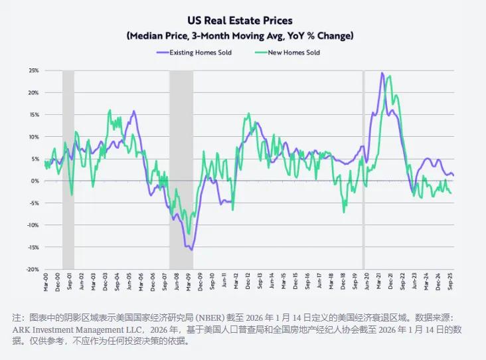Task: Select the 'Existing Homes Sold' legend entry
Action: (200, 52)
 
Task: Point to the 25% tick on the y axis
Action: (33, 70)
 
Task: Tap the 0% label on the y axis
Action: (35, 181)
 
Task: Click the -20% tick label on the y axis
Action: (32, 269)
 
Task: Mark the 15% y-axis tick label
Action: (33, 114)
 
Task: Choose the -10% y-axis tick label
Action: (32, 225)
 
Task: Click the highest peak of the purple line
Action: (382, 73)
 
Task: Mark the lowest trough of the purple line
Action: (192, 250)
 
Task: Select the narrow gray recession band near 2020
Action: (363, 169)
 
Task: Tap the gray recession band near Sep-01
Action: (68, 169)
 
